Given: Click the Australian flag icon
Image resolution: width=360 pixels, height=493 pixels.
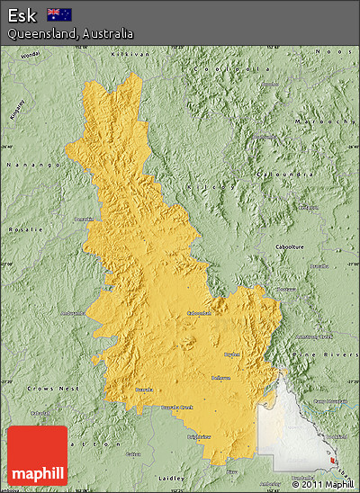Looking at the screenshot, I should coord(59,14).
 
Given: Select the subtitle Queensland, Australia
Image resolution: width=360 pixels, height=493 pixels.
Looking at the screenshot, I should coord(70,33).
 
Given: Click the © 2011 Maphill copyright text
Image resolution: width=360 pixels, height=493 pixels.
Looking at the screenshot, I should coord(323,484).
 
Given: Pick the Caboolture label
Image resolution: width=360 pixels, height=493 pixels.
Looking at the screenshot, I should coord(314,246).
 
